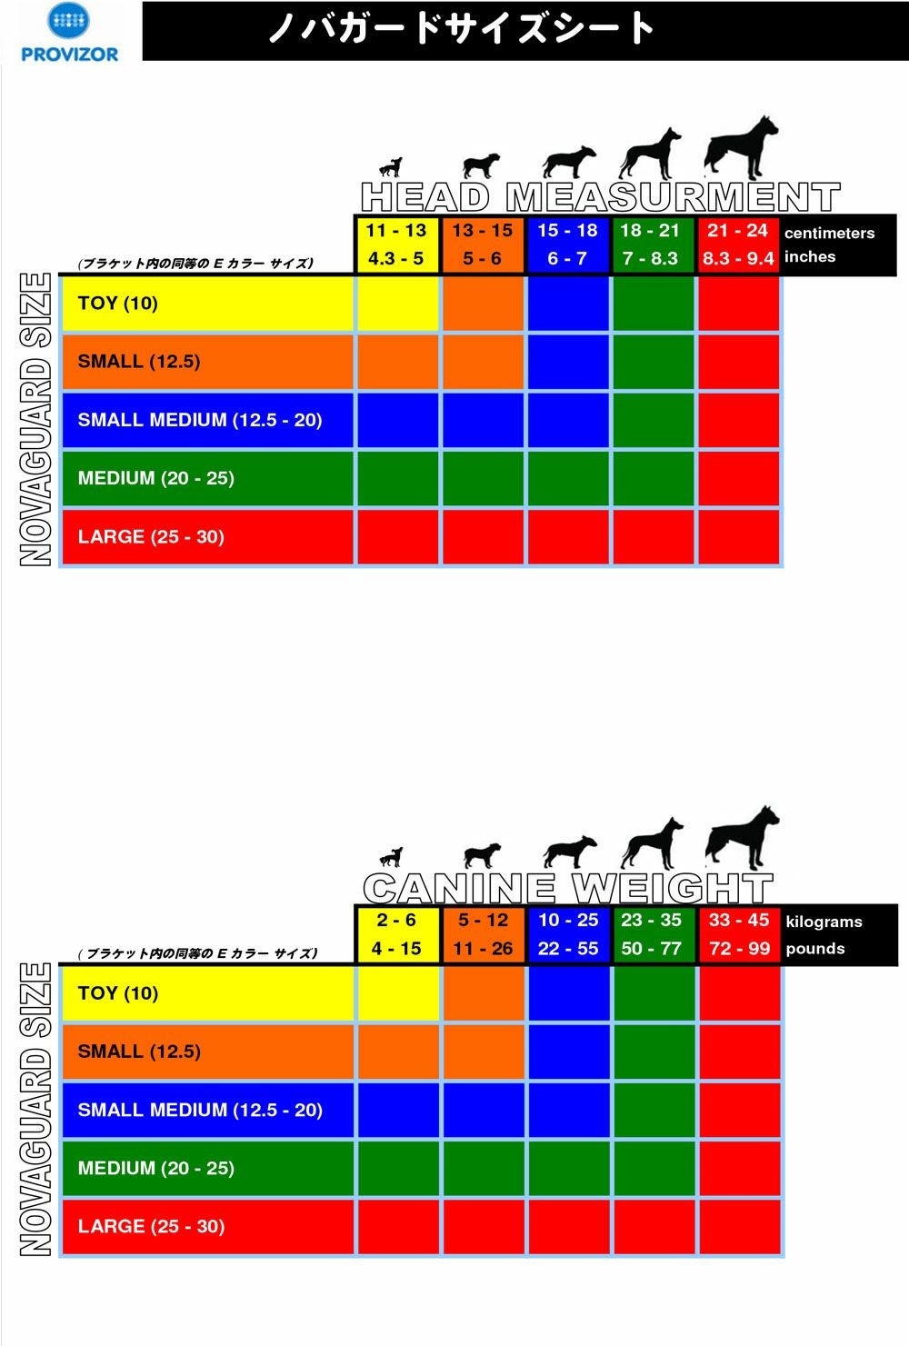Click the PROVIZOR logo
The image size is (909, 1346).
click(x=69, y=33)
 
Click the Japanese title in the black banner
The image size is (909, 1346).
click(x=462, y=29)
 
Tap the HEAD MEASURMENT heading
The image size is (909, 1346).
click(x=600, y=197)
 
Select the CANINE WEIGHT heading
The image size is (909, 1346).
click(x=567, y=888)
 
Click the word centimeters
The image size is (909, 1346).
click(x=829, y=233)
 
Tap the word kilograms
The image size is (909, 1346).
click(x=824, y=922)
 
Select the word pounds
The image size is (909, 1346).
click(x=815, y=949)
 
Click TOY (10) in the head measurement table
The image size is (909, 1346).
click(x=118, y=304)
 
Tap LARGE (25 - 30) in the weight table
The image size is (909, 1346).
click(x=151, y=1226)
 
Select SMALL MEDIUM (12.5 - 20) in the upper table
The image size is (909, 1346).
click(x=200, y=420)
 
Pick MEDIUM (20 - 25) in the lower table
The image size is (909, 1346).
click(x=156, y=1168)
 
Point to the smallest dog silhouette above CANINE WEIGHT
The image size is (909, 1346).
click(x=391, y=857)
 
